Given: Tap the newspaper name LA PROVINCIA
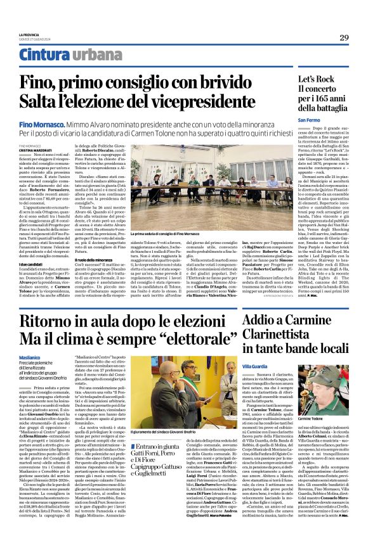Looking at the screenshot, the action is (29, 34).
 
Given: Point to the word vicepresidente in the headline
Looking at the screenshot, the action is (220, 101).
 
